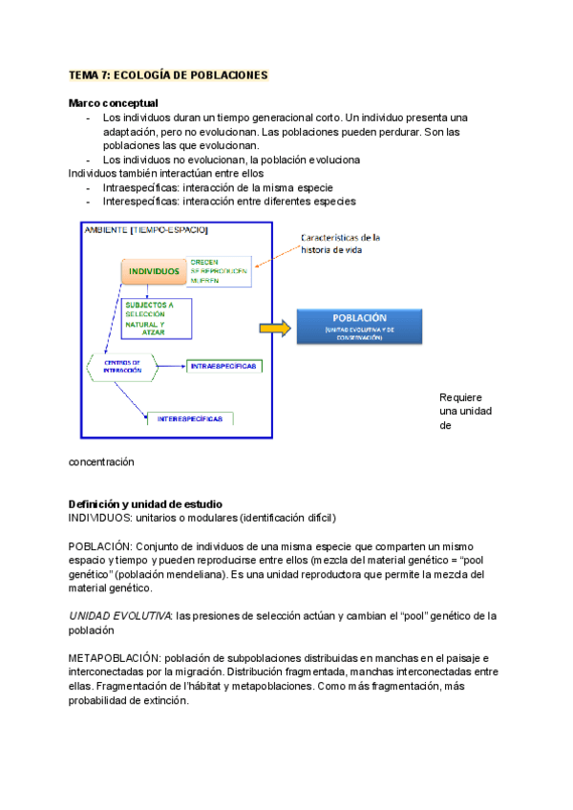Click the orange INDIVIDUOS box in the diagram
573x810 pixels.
coord(154,271)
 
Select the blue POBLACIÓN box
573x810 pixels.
coord(359,326)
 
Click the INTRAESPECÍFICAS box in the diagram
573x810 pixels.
coord(225,365)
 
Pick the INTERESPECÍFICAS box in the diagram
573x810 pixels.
coord(191,418)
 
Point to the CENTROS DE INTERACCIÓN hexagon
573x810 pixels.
coord(122,367)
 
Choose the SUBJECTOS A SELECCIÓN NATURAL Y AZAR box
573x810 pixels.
coord(153,314)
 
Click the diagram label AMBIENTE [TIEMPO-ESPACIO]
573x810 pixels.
coord(145,230)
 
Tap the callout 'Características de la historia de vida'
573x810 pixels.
coord(341,244)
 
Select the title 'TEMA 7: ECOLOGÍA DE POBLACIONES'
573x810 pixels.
coord(169,75)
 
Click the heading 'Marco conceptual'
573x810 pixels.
coord(114,102)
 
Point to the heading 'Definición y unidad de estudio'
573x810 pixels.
coord(145,503)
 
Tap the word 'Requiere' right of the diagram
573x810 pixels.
coord(460,397)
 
